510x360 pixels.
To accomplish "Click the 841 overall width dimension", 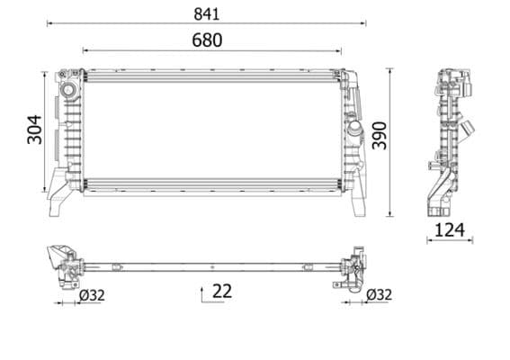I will click(x=206, y=13).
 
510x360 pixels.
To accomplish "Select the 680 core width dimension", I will click(x=206, y=40).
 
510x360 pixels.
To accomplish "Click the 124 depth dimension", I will click(x=449, y=230).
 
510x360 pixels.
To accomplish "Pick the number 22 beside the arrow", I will click(x=223, y=291).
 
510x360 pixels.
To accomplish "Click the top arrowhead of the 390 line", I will click(x=389, y=69).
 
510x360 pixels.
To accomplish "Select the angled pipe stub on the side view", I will click(x=468, y=131).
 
